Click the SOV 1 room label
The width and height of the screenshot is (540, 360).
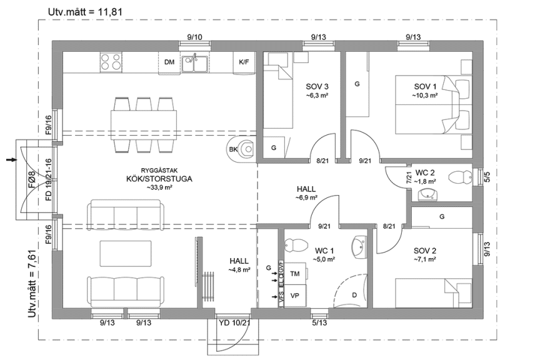pyautogui.click(x=425, y=86)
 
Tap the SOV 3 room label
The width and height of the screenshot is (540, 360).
pyautogui.click(x=317, y=86)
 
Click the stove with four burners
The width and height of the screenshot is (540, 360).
pyautogui.click(x=111, y=61)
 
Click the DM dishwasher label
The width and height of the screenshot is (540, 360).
pyautogui.click(x=169, y=62)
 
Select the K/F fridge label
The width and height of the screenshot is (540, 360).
pyautogui.click(x=244, y=62)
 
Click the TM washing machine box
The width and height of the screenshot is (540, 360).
pyautogui.click(x=295, y=274)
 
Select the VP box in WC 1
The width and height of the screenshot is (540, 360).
pyautogui.click(x=295, y=295)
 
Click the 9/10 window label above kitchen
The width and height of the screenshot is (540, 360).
pyautogui.click(x=194, y=37)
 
